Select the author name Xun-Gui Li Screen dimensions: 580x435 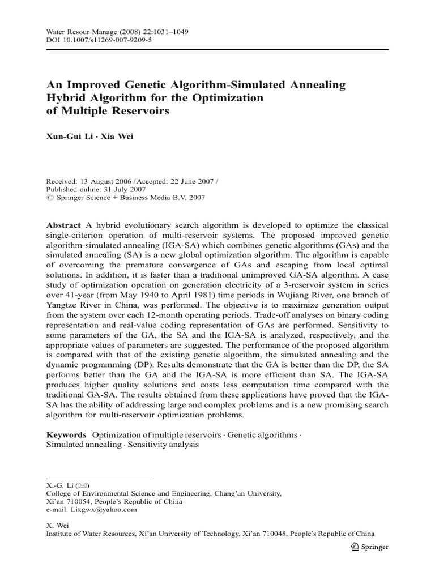click(67, 137)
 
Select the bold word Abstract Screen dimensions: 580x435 click(63, 225)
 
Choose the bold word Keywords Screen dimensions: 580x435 click(66, 435)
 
